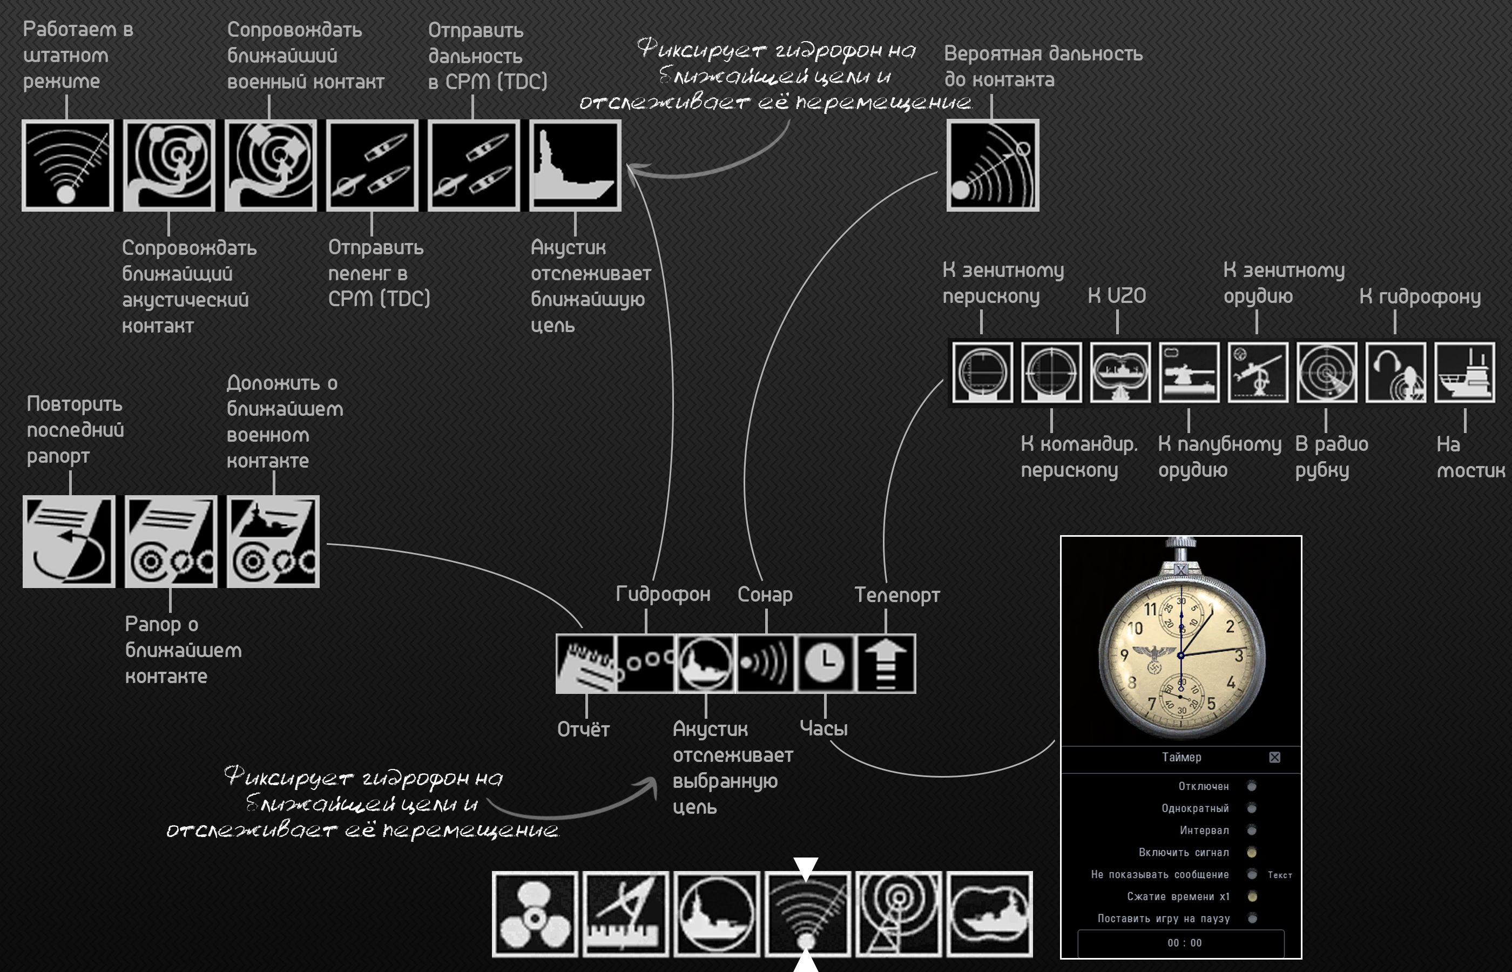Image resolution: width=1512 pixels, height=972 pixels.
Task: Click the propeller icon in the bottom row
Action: (535, 913)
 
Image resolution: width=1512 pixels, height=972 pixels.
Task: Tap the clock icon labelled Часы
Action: (825, 663)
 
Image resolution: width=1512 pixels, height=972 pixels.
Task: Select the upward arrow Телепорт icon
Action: (886, 663)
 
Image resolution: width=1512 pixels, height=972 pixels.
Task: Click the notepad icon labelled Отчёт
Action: (585, 663)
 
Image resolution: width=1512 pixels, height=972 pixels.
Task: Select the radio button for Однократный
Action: (1251, 808)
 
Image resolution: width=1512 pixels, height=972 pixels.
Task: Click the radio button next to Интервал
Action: (1251, 830)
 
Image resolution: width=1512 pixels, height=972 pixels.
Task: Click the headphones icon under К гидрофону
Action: (1395, 373)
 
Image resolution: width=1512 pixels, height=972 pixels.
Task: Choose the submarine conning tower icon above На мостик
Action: (1464, 373)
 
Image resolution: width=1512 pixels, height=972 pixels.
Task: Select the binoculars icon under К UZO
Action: (1119, 373)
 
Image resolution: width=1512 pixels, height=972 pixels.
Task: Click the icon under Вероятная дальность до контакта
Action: (992, 165)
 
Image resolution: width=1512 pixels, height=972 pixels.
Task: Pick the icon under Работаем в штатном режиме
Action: (67, 165)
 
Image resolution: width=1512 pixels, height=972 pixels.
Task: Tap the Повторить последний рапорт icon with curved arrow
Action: (69, 542)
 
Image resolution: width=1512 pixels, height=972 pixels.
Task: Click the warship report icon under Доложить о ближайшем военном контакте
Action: (273, 542)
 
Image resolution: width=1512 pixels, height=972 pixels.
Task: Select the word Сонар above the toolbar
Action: (765, 595)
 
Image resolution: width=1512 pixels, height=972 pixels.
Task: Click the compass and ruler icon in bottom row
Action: (625, 913)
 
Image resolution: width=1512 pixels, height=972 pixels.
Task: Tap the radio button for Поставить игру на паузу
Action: (1251, 919)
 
